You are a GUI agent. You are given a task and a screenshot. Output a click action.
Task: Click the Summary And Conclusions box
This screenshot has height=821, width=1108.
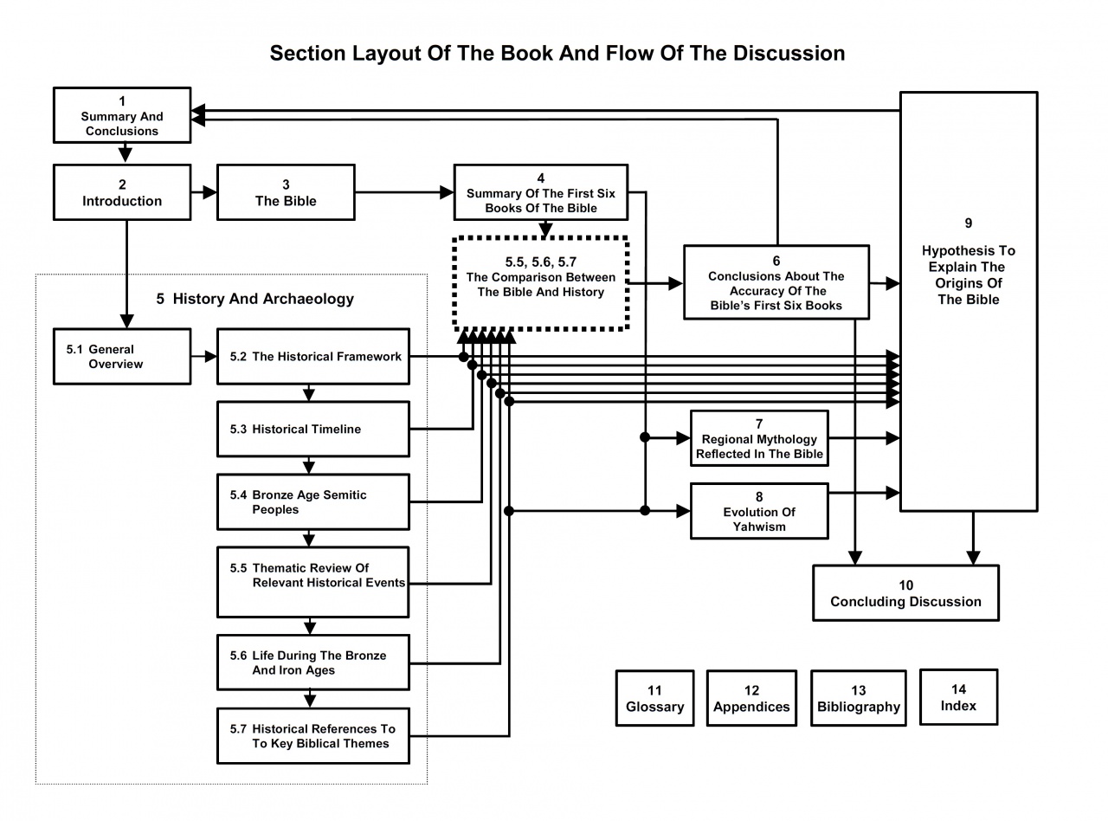click(x=122, y=115)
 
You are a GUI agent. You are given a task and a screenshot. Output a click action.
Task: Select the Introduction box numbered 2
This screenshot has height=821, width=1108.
click(x=122, y=192)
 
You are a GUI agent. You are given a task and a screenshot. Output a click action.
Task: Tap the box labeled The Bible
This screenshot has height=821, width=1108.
click(x=286, y=192)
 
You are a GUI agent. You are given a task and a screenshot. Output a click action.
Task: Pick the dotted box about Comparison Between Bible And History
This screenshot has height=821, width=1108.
click(x=541, y=283)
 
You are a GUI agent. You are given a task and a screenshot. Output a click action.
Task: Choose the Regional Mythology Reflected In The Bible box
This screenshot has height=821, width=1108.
click(x=759, y=438)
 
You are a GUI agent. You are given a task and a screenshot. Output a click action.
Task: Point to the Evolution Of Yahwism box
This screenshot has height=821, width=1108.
click(x=759, y=511)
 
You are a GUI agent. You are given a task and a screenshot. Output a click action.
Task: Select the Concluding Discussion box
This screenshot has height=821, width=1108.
click(x=905, y=593)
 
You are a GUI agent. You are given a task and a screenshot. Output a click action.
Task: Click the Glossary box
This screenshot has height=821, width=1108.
click(x=654, y=698)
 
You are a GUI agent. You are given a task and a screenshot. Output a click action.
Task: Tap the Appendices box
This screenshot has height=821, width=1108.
click(x=751, y=698)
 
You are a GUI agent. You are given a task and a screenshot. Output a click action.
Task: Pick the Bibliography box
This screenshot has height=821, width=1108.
click(x=859, y=698)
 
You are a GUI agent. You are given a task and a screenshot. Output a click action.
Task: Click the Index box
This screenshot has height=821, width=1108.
click(x=958, y=696)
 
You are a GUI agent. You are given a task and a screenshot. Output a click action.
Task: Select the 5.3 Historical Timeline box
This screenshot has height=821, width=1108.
click(x=312, y=429)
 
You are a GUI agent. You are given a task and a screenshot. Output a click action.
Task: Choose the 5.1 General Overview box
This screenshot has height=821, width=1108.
click(x=122, y=356)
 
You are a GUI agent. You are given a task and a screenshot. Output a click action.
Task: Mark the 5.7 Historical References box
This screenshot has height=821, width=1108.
click(x=312, y=736)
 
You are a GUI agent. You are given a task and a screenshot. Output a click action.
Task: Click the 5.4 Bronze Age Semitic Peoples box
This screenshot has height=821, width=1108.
click(x=312, y=502)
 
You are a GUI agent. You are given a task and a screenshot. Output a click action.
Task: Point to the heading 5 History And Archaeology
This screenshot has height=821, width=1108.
click(x=255, y=299)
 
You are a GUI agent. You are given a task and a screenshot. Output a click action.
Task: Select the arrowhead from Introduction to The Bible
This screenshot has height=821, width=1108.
click(x=209, y=192)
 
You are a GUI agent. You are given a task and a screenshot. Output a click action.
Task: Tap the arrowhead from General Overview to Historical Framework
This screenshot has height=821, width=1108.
click(x=209, y=356)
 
